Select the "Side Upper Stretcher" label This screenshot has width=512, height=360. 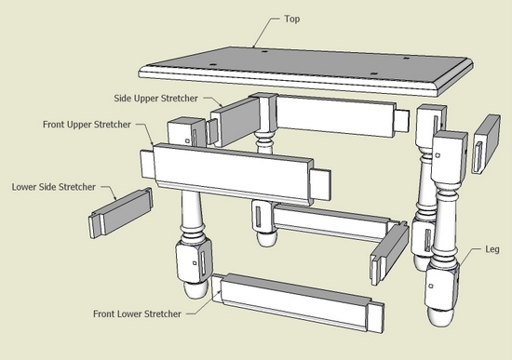pos(160,98)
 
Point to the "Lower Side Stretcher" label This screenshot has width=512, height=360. pos(53,187)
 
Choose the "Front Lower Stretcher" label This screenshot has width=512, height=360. pos(143,313)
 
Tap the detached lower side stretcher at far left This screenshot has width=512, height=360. pos(119,213)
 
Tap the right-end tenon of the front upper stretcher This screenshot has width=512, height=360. pos(319,185)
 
